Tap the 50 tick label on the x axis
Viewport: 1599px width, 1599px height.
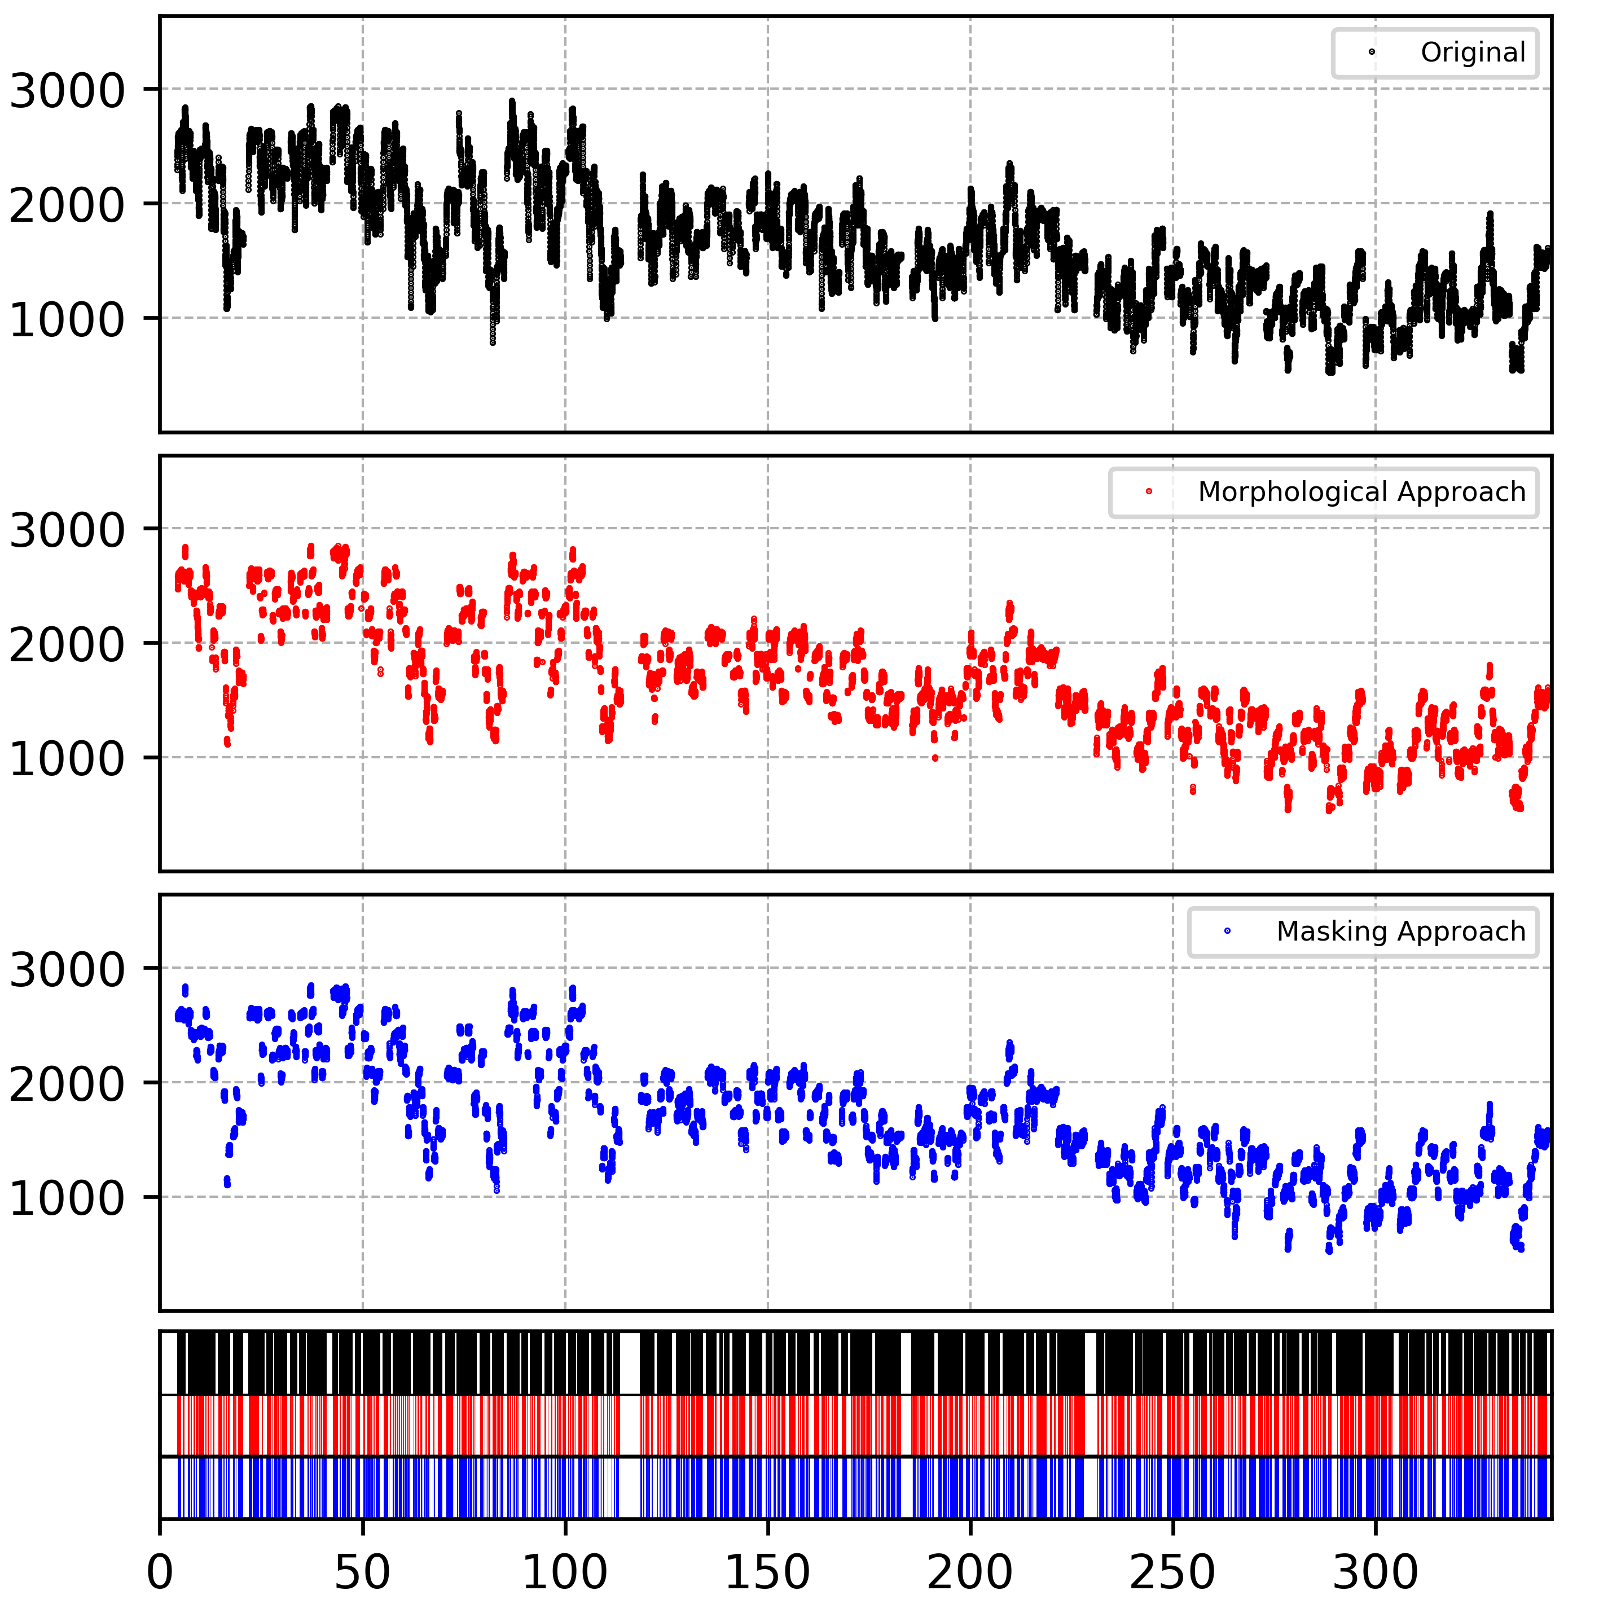pos(362,1571)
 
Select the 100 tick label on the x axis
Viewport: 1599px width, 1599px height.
pos(565,1571)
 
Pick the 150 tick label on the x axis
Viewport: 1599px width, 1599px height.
pos(767,1571)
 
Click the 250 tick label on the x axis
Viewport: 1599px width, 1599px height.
pos(1173,1571)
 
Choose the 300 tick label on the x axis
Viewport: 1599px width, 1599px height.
pos(1376,1571)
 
